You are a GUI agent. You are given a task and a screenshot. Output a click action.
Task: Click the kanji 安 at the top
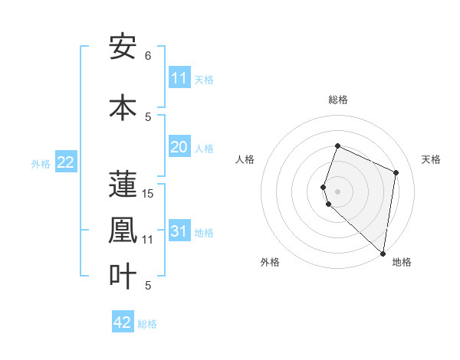123,47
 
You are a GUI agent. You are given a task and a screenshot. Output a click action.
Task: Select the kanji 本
123,107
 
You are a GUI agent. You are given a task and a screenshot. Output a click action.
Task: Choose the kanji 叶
123,276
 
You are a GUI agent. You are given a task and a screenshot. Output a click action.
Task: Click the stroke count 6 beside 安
148,56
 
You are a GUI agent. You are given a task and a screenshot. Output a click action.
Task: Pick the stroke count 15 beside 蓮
149,194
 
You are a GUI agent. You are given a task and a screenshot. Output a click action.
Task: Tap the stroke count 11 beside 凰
148,240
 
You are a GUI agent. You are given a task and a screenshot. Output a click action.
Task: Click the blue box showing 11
179,78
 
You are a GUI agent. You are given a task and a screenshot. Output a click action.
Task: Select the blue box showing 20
179,148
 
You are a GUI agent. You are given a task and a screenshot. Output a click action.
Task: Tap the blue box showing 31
179,232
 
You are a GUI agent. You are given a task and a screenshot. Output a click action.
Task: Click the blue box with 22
66,162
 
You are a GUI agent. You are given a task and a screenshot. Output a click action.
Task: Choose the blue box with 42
123,322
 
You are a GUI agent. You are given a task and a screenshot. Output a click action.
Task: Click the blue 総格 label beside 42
147,324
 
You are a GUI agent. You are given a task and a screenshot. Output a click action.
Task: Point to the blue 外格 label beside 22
41,164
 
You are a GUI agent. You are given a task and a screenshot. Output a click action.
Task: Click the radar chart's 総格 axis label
337,100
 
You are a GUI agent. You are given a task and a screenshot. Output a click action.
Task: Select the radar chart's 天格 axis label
431,159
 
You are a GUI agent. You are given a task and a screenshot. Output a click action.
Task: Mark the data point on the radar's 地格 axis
383,253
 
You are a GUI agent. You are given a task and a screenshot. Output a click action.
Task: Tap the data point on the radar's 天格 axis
396,172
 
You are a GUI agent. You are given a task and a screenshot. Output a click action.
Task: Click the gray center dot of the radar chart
337,190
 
